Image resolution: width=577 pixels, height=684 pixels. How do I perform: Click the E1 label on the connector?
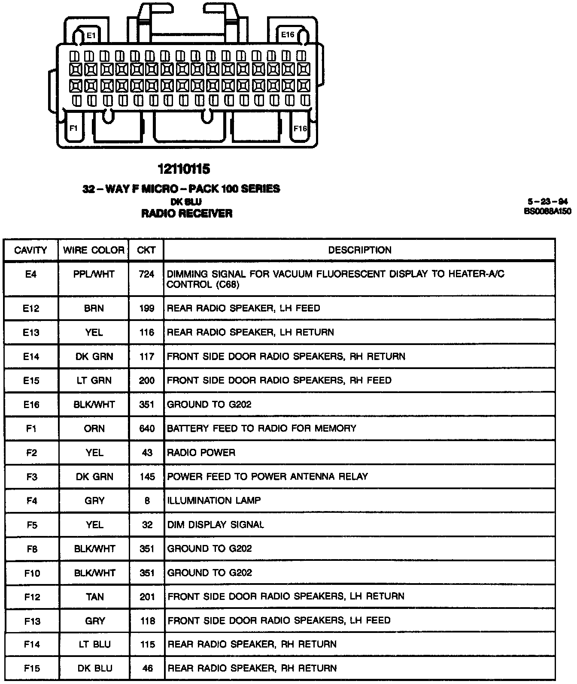coord(91,35)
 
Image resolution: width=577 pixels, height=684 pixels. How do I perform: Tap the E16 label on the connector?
coord(287,34)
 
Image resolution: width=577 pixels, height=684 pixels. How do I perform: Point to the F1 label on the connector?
coord(74,128)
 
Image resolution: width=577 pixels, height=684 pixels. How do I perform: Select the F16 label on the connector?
coord(300,128)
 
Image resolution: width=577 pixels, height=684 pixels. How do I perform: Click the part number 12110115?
coord(184,169)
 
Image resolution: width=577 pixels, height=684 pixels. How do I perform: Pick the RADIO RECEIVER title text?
coord(187,213)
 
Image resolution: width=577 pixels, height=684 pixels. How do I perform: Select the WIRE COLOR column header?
coord(94,250)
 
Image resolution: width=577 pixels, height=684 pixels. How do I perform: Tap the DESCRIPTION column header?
coord(360,250)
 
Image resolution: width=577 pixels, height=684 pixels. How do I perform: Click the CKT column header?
coord(146,250)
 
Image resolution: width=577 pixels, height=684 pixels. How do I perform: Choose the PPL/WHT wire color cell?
coord(94,274)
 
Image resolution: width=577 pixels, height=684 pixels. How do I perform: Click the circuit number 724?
coord(146,274)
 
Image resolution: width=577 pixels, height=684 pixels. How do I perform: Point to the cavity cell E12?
coord(31,308)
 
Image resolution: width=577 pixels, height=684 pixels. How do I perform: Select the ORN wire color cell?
coord(94,428)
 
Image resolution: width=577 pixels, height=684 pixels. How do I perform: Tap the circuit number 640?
coord(146,428)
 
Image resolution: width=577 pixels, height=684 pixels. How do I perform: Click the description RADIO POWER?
coord(201,452)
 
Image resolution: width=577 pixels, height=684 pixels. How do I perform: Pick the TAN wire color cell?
coord(94,596)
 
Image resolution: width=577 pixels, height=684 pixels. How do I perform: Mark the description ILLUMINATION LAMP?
coord(214,500)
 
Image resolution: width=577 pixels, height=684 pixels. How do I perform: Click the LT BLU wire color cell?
coord(94,644)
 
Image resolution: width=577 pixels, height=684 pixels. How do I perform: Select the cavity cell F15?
coord(32,668)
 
